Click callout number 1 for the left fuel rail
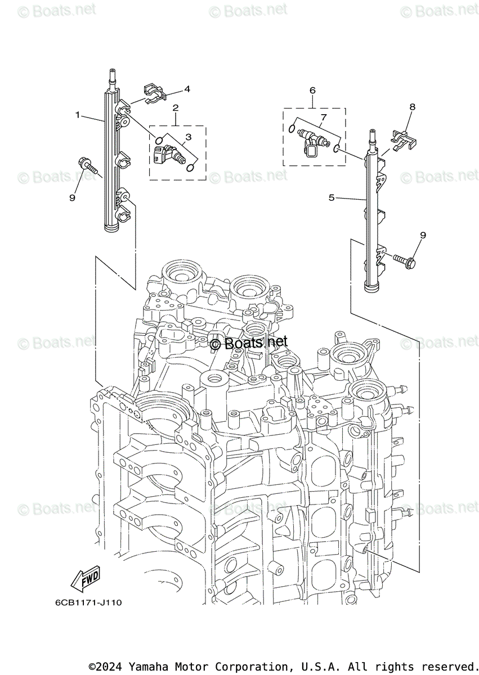pos(78,115)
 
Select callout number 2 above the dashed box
pos(176,107)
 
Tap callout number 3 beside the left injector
pos(188,137)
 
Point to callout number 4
pos(187,89)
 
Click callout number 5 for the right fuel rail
pos(332,197)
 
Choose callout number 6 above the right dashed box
pos(312,90)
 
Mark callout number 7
pos(323,117)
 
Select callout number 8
pos(412,106)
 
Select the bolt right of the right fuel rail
pos(404,260)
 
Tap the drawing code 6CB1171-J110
pos(88,602)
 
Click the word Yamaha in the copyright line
pos(146,667)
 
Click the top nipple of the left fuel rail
pos(112,74)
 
